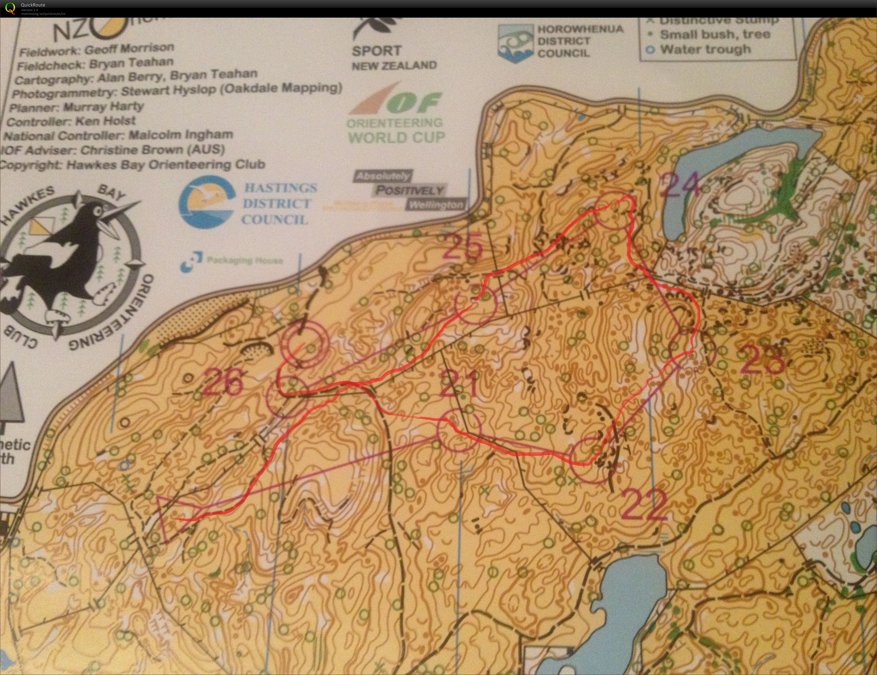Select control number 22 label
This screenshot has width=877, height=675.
644,505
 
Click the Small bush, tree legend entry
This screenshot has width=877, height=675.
715,35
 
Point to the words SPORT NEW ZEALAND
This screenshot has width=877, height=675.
394,57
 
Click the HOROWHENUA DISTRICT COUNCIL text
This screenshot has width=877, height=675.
579,41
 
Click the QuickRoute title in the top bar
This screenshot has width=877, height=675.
33,5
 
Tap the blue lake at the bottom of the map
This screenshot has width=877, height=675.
630,602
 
